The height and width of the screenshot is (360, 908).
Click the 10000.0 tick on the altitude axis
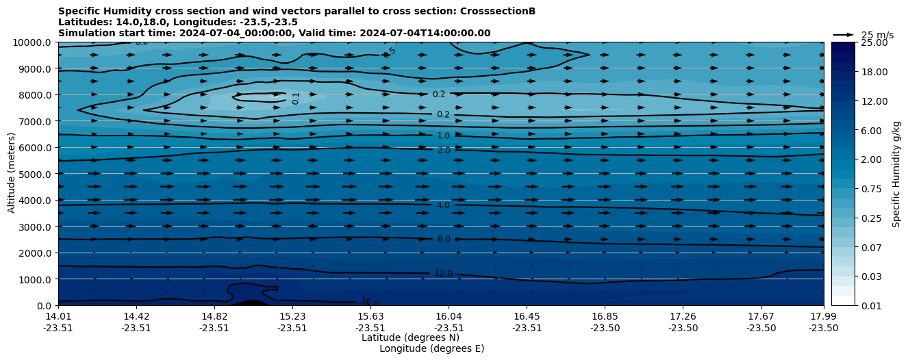pos(33,42)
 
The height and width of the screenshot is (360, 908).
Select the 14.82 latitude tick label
pos(214,316)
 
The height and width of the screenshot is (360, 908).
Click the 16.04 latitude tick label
pos(448,316)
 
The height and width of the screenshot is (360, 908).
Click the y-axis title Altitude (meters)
pos(12,173)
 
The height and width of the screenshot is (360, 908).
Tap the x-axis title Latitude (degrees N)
pos(410,337)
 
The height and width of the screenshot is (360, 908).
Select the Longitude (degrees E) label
pos(431,348)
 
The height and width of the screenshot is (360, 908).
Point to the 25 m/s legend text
pos(877,36)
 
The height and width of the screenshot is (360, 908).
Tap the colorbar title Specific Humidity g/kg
pos(896,174)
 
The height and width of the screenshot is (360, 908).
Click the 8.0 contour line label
pos(444,240)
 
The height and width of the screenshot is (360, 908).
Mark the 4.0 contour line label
pos(443,205)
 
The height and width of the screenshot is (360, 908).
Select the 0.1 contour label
pos(296,99)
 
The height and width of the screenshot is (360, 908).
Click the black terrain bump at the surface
pos(250,303)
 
